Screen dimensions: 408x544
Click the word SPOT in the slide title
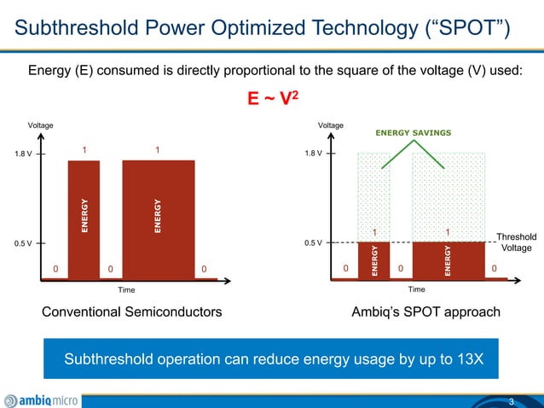click(x=461, y=32)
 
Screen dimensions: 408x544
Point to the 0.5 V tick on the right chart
click(x=314, y=243)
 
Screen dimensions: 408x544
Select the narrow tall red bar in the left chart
click(x=84, y=219)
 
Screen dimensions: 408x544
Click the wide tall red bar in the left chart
click(x=158, y=219)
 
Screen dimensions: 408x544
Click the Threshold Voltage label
click(x=516, y=242)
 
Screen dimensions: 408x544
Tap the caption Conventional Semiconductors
click(x=132, y=312)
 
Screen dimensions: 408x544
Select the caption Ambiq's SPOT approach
click(x=425, y=312)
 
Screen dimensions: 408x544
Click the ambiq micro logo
click(x=43, y=399)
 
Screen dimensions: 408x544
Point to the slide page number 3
click(x=511, y=401)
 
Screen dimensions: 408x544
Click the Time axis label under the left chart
click(x=126, y=290)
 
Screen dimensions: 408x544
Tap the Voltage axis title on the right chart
click(x=331, y=125)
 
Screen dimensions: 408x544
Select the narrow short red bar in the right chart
click(x=373, y=260)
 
